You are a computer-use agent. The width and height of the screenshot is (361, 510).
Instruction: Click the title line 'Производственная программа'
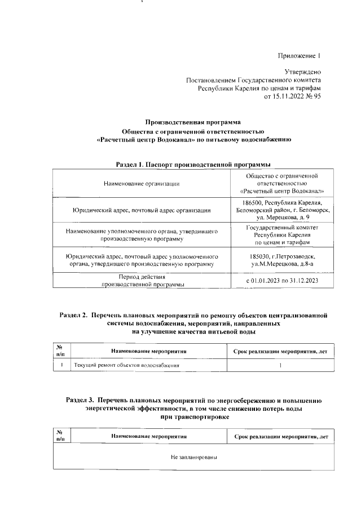pos(193,122)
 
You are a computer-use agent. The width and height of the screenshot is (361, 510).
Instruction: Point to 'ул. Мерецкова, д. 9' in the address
pos(280,217)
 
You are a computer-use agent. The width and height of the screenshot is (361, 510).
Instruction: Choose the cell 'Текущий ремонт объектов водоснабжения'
pos(127,366)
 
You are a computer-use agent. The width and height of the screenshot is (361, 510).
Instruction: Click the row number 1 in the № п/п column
pos(60,366)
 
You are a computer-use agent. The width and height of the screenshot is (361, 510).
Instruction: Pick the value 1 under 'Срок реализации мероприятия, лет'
pos(280,366)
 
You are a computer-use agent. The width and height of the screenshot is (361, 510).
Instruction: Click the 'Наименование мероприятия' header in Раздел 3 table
pos(148,437)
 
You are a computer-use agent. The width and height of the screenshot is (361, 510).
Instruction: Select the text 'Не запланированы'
pos(193,458)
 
